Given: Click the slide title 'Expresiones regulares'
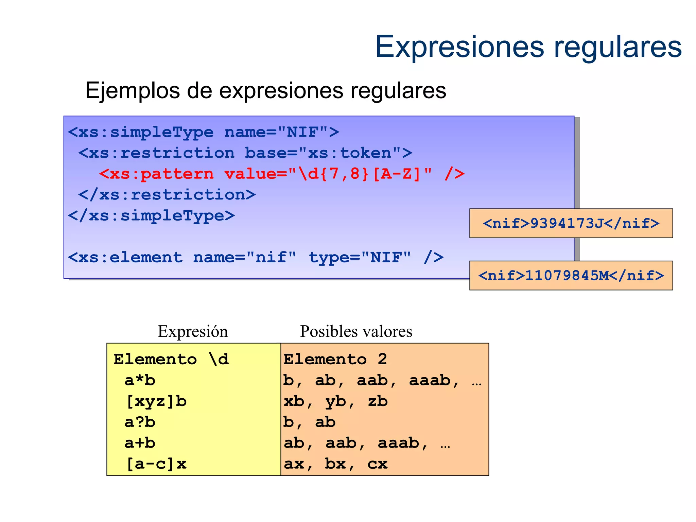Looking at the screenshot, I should point(528,47).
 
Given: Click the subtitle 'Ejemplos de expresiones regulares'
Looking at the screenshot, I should point(265,91).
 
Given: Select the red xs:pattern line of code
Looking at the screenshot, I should point(282,174).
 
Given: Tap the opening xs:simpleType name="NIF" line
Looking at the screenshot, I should point(203,132).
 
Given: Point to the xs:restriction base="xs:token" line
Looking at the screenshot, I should point(245,153).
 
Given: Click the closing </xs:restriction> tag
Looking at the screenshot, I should point(167,195).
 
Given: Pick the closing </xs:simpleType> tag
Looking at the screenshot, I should point(151,216).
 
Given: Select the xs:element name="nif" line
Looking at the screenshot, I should point(256,257).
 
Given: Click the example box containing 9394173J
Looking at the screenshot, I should point(571,223).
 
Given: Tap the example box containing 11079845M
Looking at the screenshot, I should point(571,276).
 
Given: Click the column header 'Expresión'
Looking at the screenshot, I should point(193,331).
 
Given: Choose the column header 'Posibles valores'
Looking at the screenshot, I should point(356,331).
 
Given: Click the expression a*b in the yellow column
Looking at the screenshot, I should point(140,380).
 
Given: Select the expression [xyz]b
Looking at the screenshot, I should point(156,401).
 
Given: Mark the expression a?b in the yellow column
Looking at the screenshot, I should point(140,422).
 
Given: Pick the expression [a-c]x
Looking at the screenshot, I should point(156,464).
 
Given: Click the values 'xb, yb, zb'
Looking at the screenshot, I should point(335,401).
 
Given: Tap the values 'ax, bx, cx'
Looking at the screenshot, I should point(335,464).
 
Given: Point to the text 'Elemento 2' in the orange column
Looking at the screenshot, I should point(335,359).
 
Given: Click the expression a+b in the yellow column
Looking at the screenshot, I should point(140,443).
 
